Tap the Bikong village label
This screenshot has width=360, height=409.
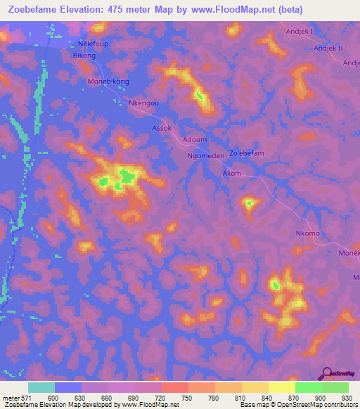pos(84,55)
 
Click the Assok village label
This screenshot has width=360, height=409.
pos(162,128)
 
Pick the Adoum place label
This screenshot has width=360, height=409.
pos(194,139)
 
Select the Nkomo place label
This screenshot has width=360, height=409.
pos(308,233)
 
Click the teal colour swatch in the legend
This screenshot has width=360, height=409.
pos(41,387)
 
